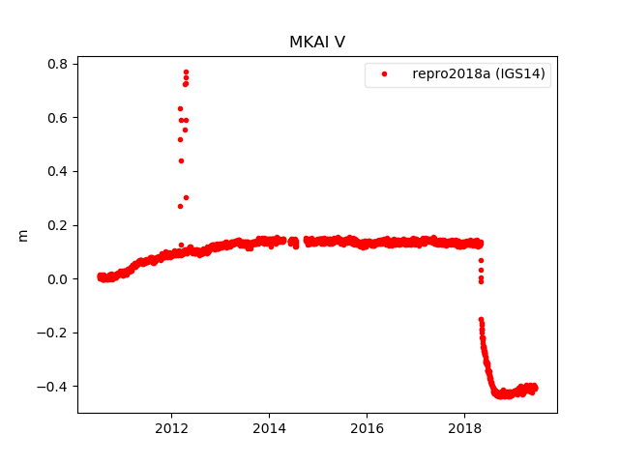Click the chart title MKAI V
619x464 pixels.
(x=316, y=43)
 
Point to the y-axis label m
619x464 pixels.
(x=23, y=235)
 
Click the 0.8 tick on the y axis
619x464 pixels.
(x=58, y=64)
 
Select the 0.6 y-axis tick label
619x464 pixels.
(x=58, y=118)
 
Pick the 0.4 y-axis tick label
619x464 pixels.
(x=58, y=171)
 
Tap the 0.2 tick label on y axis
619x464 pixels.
(x=58, y=225)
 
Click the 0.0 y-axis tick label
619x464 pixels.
(x=58, y=279)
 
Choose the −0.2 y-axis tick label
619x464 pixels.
(x=54, y=333)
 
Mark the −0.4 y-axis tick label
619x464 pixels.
(x=54, y=387)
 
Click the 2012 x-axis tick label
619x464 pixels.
(x=171, y=428)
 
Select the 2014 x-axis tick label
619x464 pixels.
(x=269, y=428)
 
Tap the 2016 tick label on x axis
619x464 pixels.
(x=367, y=428)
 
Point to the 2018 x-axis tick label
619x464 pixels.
(x=464, y=428)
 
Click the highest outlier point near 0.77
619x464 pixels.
(x=186, y=72)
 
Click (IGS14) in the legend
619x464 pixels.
(x=522, y=73)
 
